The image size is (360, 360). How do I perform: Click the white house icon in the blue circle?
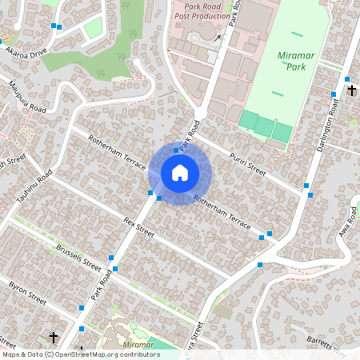(x=179, y=172)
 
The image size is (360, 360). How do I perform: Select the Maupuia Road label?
(x=27, y=95)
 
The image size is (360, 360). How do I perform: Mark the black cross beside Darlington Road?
(x=351, y=90)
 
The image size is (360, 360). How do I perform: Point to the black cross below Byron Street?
(x=54, y=338)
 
